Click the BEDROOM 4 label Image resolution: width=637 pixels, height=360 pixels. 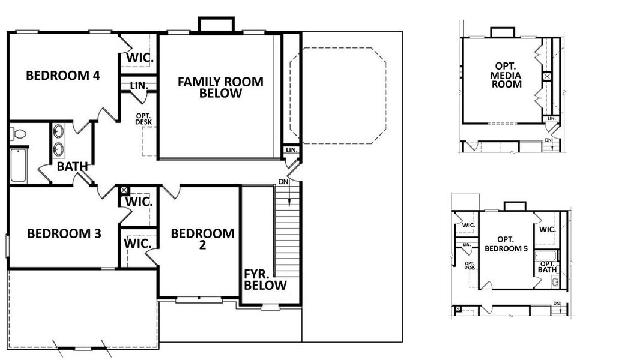pyautogui.click(x=62, y=76)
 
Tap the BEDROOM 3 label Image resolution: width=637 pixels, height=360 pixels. pyautogui.click(x=64, y=234)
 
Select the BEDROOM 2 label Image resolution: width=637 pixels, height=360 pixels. pyautogui.click(x=202, y=239)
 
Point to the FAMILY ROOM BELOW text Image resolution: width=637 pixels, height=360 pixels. pyautogui.click(x=220, y=88)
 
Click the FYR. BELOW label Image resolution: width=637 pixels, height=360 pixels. pyautogui.click(x=265, y=280)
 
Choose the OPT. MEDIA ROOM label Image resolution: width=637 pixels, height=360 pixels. pyautogui.click(x=506, y=75)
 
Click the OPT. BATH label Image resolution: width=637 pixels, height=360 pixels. pyautogui.click(x=547, y=267)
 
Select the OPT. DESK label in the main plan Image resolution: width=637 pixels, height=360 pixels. pyautogui.click(x=144, y=119)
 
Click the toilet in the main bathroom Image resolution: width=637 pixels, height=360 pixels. pyautogui.click(x=19, y=134)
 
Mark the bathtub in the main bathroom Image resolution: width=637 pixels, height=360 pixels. pyautogui.click(x=19, y=166)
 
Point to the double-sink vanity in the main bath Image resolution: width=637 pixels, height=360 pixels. pyautogui.click(x=59, y=139)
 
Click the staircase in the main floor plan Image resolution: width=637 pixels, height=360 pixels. pyautogui.click(x=286, y=231)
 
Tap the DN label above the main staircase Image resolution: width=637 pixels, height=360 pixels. pyautogui.click(x=283, y=182)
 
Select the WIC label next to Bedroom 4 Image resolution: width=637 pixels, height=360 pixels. pyautogui.click(x=139, y=59)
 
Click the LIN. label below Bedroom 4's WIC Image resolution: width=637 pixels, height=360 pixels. pyautogui.click(x=139, y=86)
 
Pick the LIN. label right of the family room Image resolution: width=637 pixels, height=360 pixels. pyautogui.click(x=291, y=150)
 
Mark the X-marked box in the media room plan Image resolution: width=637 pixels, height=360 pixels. pyautogui.click(x=546, y=77)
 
